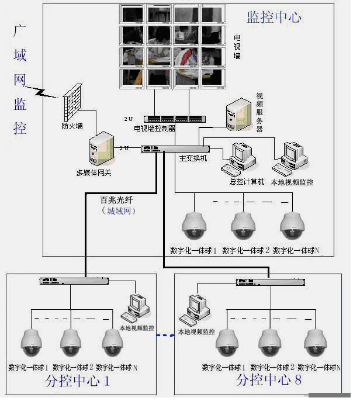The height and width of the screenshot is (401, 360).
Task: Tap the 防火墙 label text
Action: click(x=72, y=125)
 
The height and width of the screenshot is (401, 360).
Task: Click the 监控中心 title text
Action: click(x=274, y=17)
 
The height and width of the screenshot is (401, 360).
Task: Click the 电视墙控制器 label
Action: click(x=155, y=128)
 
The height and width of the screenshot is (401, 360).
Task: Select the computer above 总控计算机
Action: click(x=239, y=158)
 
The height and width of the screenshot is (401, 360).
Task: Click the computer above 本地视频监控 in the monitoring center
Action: click(x=290, y=157)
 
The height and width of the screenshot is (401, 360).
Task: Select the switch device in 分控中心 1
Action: click(x=74, y=282)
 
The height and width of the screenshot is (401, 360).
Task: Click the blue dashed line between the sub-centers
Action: click(x=165, y=336)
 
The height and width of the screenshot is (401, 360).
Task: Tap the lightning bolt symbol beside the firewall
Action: click(x=44, y=91)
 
